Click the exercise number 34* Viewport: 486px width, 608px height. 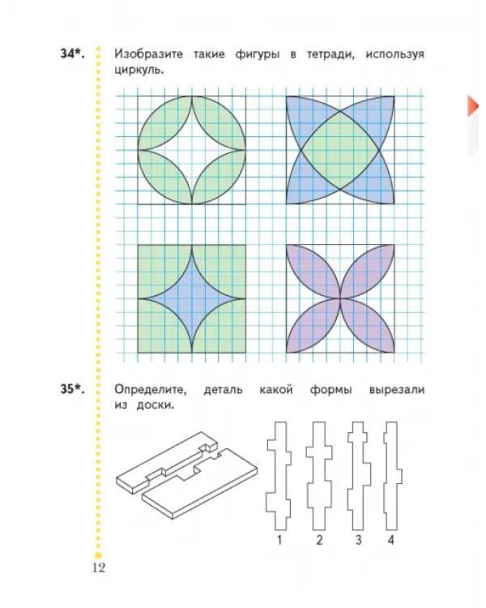(72, 54)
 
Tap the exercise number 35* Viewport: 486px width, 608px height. (72, 388)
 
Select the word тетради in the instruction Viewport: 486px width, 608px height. (330, 54)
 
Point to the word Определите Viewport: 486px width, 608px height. (151, 390)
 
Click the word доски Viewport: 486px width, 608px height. (155, 405)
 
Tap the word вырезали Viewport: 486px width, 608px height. (397, 390)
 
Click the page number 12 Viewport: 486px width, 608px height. (99, 567)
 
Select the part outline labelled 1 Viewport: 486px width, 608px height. (279, 476)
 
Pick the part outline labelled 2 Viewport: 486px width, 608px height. (319, 476)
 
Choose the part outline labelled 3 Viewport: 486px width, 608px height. (359, 476)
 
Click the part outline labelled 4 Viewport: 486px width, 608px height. (391, 476)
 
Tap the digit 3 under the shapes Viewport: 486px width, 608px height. (358, 540)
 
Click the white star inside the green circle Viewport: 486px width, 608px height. (192, 150)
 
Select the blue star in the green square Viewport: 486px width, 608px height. (192, 299)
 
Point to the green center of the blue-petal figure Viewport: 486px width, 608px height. (340, 150)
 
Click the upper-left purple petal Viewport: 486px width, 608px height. (314, 272)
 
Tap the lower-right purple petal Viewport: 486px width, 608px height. (368, 326)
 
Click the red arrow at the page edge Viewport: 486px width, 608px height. (473, 105)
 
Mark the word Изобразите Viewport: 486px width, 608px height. (148, 54)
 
